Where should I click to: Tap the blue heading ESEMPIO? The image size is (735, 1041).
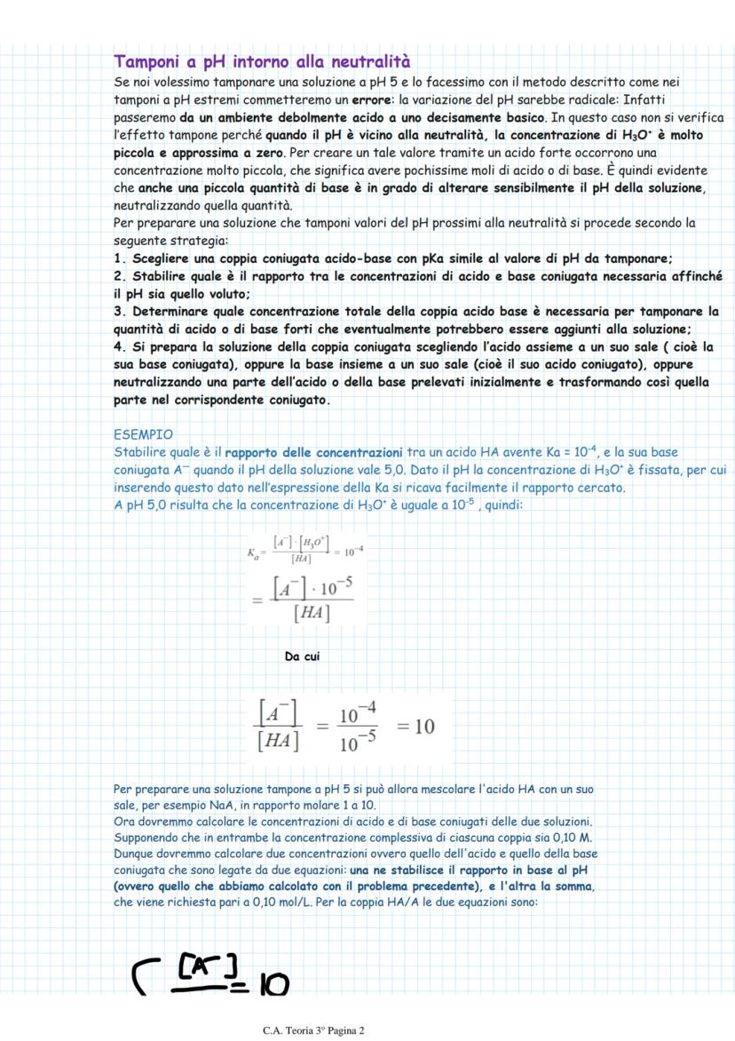145,435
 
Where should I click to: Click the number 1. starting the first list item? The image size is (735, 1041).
121,258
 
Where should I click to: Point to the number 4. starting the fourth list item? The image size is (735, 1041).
121,346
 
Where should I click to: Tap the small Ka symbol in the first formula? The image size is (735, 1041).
254,552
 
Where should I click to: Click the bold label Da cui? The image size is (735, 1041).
302,656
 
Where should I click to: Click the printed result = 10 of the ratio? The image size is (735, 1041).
416,727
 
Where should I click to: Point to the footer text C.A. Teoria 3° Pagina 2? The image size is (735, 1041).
314,1030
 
